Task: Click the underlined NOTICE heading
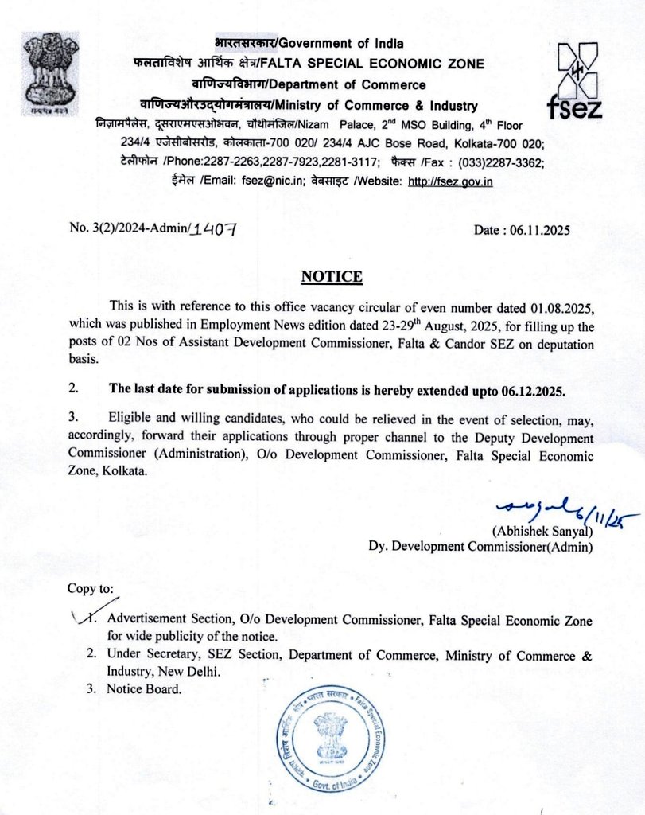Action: [331, 277]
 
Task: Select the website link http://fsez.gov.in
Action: [450, 181]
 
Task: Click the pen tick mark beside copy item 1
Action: [81, 618]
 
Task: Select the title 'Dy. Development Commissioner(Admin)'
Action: [480, 546]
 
